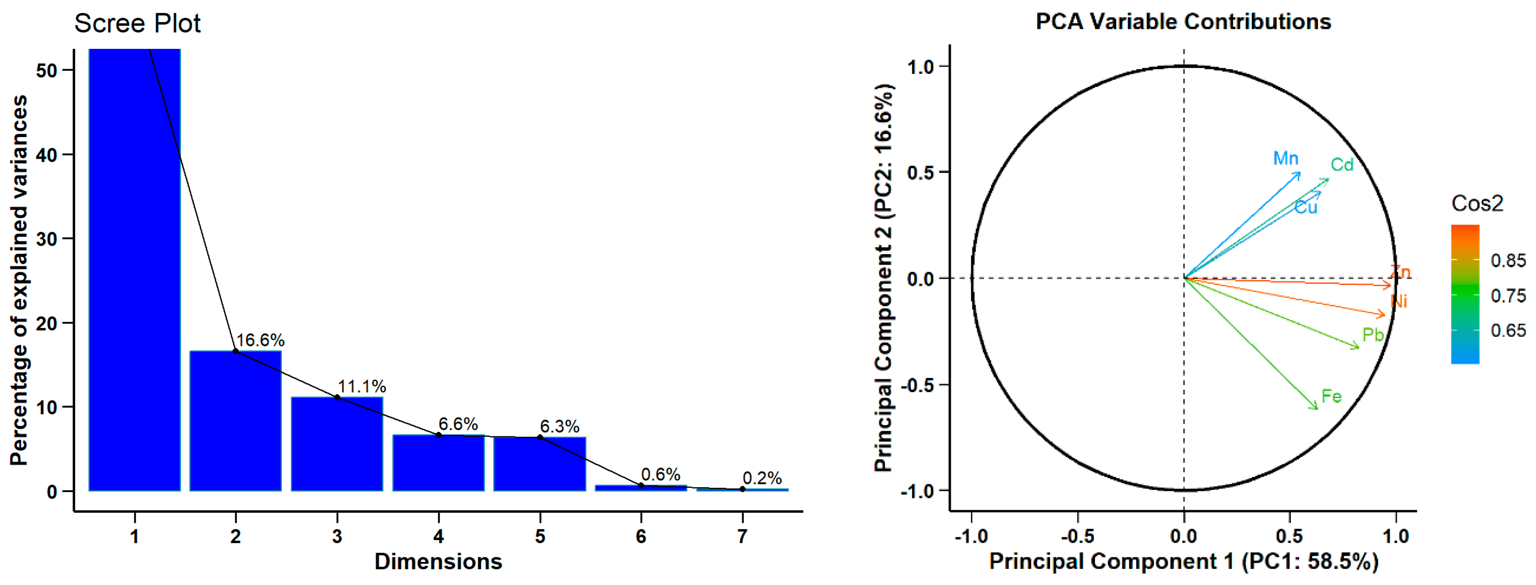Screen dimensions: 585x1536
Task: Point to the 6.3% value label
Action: pyautogui.click(x=559, y=426)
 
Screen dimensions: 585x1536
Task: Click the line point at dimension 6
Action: pyautogui.click(x=641, y=486)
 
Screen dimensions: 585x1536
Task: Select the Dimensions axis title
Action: pyautogui.click(x=438, y=562)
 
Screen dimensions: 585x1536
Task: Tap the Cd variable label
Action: pyautogui.click(x=1342, y=165)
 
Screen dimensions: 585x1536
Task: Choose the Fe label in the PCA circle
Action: pyautogui.click(x=1332, y=396)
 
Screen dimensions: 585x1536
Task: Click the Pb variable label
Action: pyautogui.click(x=1373, y=335)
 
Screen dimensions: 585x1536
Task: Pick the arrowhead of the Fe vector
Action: pyautogui.click(x=1316, y=408)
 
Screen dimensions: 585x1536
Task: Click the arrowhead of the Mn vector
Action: pyautogui.click(x=1299, y=174)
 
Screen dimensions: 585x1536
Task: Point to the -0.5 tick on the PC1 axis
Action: pyautogui.click(x=1077, y=536)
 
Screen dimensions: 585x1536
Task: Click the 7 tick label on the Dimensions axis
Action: pyautogui.click(x=742, y=536)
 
